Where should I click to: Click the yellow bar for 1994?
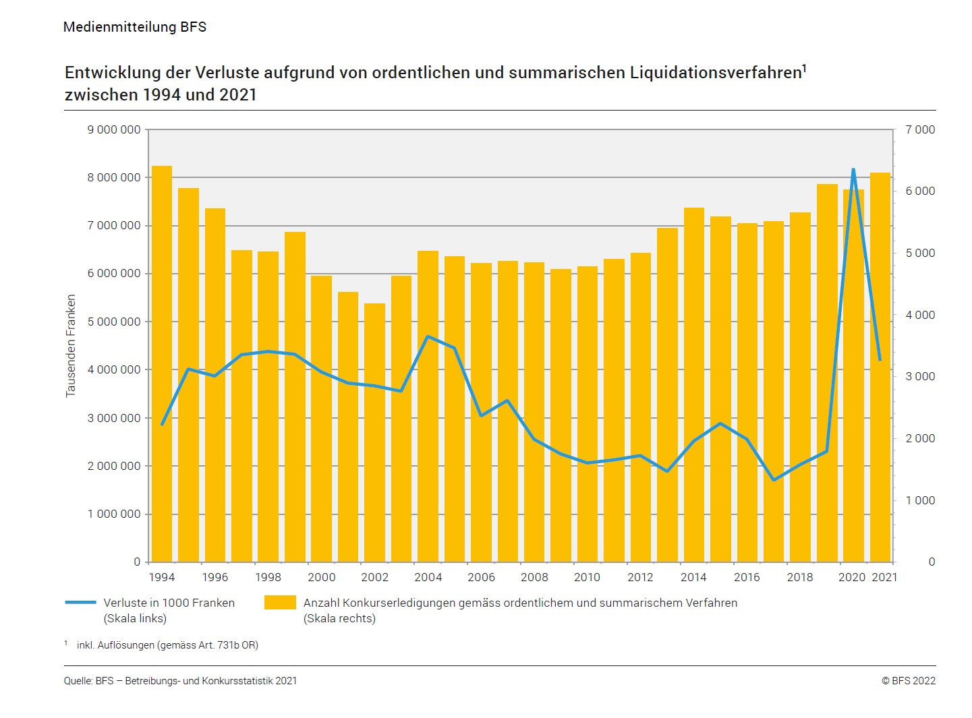point(162,364)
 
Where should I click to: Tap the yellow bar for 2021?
point(880,367)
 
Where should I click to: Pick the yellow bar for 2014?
point(693,384)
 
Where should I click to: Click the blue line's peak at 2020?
point(853,170)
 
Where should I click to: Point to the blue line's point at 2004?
point(428,336)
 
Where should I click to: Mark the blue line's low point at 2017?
point(774,480)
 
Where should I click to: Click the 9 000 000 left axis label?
point(114,129)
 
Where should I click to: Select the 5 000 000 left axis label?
point(114,322)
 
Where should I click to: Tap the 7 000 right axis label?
point(920,129)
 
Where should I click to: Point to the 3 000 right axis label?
point(920,376)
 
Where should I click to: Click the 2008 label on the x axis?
point(534,577)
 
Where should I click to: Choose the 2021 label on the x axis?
point(884,577)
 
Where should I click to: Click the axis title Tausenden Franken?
point(71,346)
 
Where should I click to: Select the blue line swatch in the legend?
point(80,602)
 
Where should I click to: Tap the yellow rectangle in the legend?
point(280,602)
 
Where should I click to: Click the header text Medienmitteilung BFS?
point(135,27)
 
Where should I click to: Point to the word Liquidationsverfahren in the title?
point(716,73)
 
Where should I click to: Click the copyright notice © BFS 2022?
point(908,681)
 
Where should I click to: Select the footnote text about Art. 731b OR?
point(167,645)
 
